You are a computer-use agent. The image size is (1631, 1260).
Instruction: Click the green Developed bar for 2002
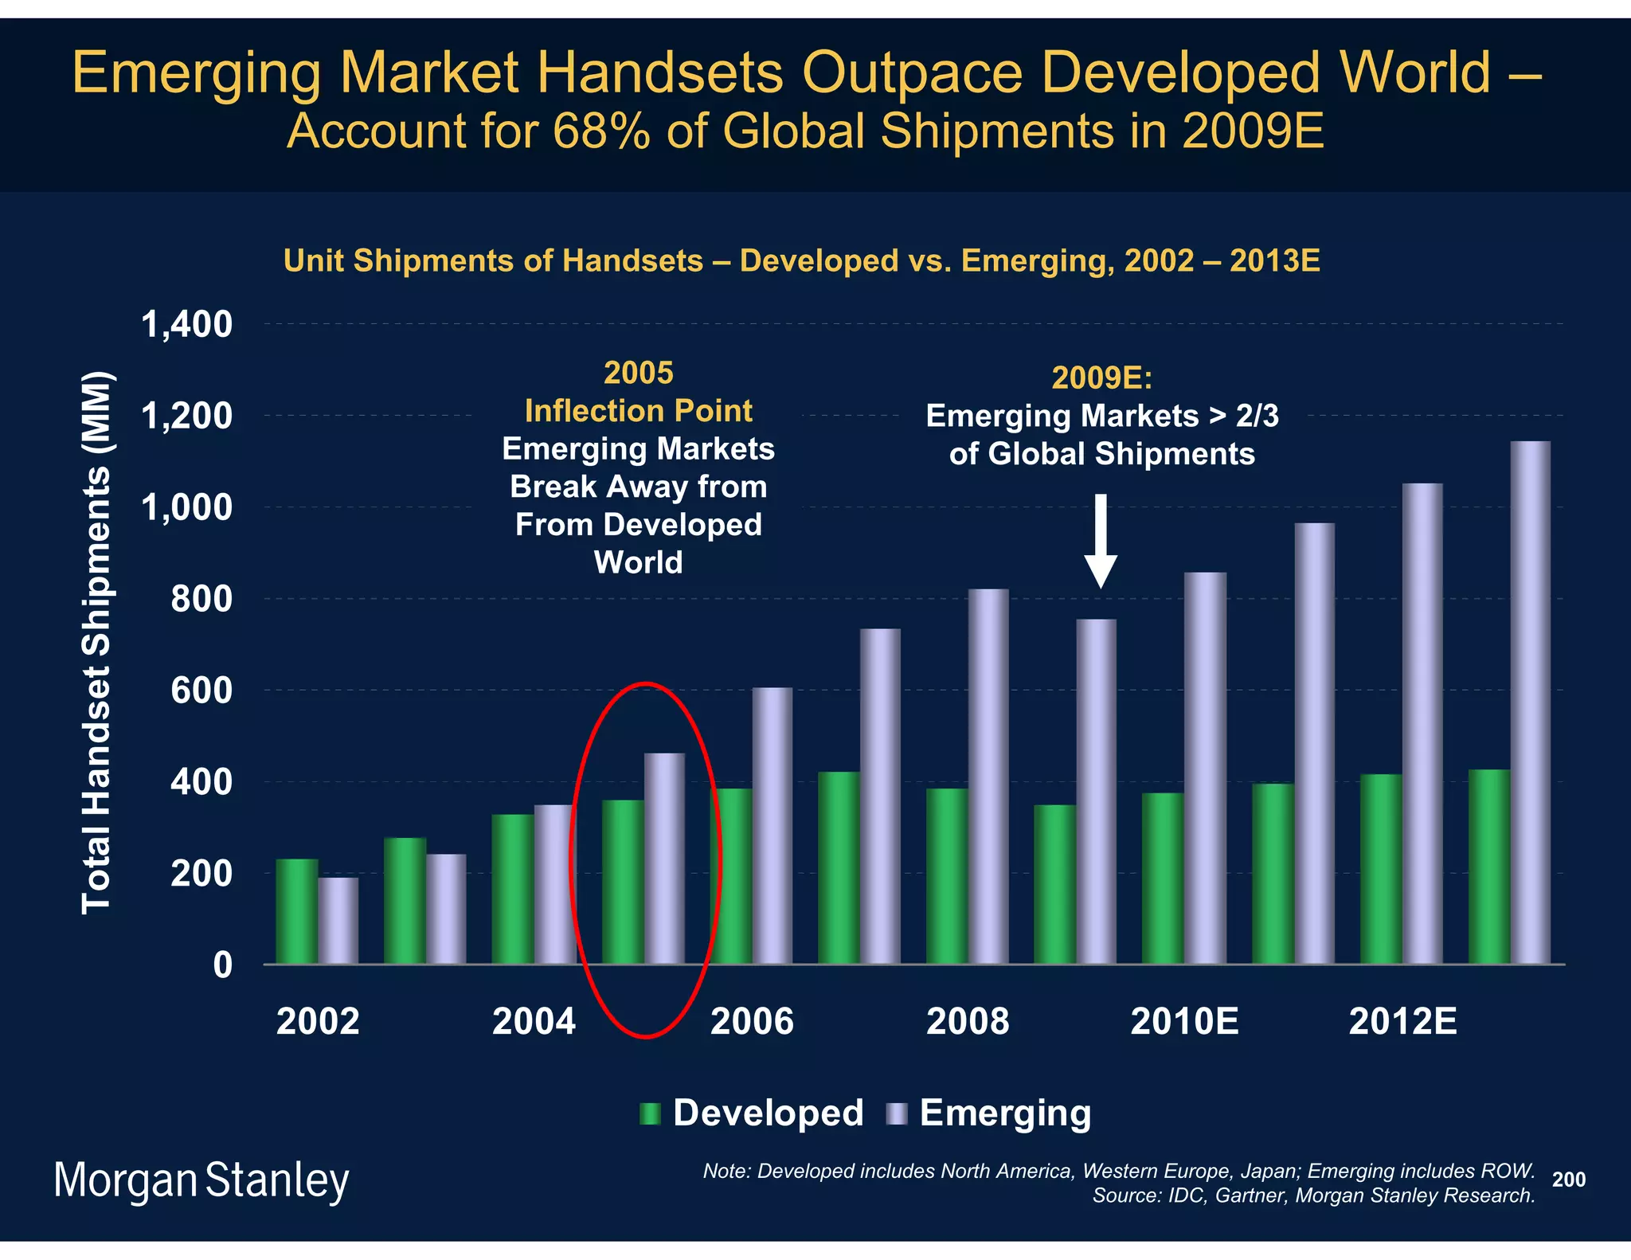pos(296,911)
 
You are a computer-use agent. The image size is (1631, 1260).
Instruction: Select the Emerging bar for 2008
pos(988,777)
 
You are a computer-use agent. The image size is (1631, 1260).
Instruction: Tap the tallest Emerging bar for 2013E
pos(1530,701)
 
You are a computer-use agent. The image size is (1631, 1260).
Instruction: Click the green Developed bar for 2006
pos(730,876)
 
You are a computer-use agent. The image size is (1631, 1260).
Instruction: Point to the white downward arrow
pos(1101,541)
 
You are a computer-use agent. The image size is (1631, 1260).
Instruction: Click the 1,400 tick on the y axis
pos(186,325)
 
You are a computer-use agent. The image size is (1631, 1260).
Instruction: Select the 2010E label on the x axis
pos(1184,1022)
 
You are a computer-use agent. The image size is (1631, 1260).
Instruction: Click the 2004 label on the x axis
pos(534,1022)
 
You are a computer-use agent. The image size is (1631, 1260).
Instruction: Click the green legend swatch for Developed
pos(650,1113)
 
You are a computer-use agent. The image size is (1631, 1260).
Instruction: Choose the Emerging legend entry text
pos(1005,1113)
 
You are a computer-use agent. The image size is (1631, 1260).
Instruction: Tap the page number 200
pos(1568,1180)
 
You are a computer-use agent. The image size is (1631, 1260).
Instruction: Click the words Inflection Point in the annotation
pos(638,411)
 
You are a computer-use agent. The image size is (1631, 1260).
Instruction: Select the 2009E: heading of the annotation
pos(1101,378)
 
